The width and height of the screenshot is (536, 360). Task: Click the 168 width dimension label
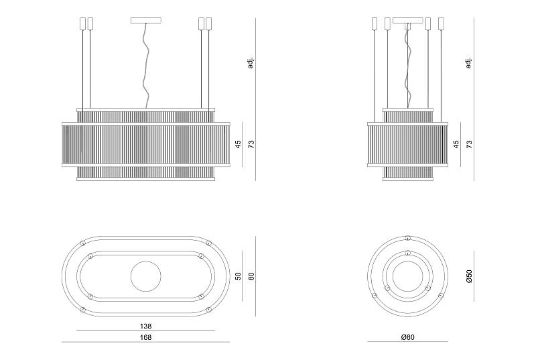click(145, 337)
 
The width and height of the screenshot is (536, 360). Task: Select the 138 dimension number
click(145, 326)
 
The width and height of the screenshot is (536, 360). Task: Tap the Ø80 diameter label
click(407, 337)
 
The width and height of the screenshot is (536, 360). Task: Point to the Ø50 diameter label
click(469, 276)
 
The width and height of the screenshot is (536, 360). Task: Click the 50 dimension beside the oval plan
click(239, 276)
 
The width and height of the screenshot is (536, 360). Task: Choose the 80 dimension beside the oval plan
click(252, 276)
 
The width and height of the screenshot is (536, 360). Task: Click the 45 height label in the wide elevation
click(239, 144)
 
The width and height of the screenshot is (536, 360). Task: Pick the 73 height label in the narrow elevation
click(470, 144)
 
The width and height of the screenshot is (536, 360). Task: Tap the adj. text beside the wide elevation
click(251, 63)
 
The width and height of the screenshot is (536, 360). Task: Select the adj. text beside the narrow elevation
click(468, 63)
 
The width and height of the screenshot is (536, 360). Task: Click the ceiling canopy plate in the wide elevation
click(146, 21)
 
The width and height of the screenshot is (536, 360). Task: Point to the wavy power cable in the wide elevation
click(146, 66)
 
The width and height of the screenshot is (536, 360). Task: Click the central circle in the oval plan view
click(146, 276)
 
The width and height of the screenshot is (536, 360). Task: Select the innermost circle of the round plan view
click(407, 276)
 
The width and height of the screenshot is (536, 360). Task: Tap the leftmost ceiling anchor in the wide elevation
click(82, 23)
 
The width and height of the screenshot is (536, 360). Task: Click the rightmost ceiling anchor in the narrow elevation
click(441, 23)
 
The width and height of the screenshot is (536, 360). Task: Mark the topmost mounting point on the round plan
click(407, 237)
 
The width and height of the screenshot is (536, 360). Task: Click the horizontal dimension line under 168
click(146, 341)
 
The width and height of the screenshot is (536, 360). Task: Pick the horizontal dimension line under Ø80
click(407, 341)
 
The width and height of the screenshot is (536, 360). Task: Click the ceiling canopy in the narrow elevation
click(408, 21)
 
